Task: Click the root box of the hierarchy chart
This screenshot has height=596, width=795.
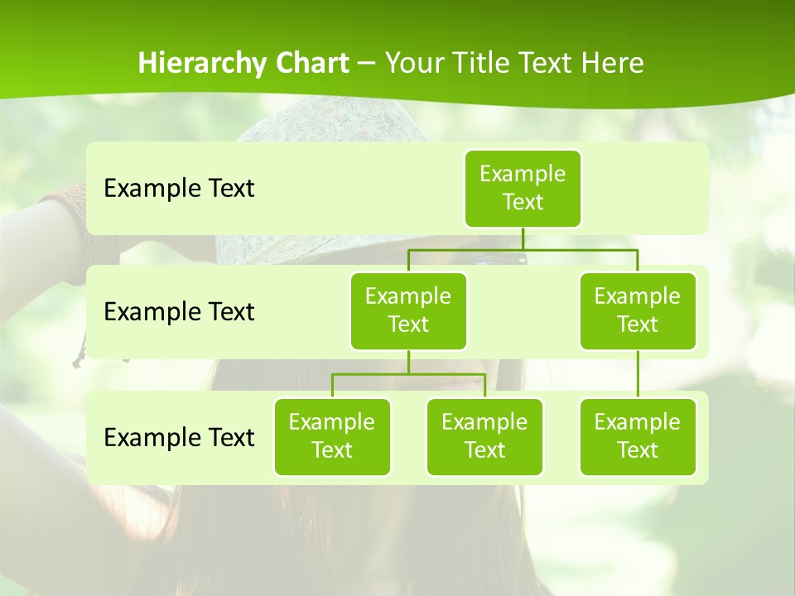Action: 523,188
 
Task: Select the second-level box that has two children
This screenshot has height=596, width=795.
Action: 408,310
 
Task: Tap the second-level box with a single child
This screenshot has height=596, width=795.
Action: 638,310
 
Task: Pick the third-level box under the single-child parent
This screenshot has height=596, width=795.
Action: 638,436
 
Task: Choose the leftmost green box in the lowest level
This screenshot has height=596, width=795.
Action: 332,436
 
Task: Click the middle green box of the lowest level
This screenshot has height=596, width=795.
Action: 484,436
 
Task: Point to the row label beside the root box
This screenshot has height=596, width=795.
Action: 179,188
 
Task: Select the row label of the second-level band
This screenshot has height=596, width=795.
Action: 179,311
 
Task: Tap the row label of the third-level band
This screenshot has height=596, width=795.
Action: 179,437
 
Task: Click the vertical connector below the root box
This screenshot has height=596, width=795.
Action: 523,238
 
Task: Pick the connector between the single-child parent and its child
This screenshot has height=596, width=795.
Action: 638,374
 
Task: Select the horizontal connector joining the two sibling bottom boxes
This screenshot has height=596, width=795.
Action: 408,374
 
